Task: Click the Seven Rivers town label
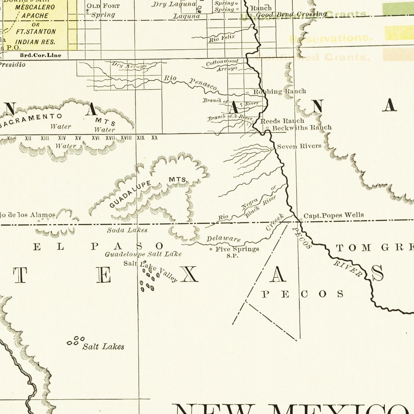(x=299, y=146)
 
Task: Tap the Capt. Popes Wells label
(x=333, y=215)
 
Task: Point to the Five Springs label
(x=237, y=249)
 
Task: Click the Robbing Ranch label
(x=279, y=91)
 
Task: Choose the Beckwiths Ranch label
(x=302, y=127)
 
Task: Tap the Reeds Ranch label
(x=282, y=121)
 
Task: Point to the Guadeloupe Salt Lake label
(x=143, y=254)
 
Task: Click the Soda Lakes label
(x=127, y=230)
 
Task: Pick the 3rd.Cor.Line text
(x=40, y=55)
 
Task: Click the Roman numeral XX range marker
(x=154, y=138)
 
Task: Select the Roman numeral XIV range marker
(x=62, y=138)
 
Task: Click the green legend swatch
(x=398, y=9)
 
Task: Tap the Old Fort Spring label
(x=103, y=10)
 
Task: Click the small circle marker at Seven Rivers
(x=272, y=148)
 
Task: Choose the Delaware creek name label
(x=223, y=239)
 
